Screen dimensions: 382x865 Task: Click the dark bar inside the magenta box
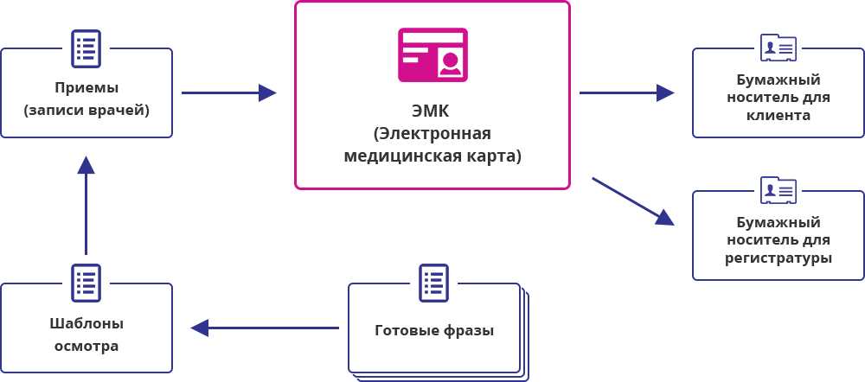pos(432,135)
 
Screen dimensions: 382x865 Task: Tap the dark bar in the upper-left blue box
pos(86,100)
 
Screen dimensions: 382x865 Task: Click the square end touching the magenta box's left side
pos(268,92)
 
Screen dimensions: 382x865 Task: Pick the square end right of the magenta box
pos(665,92)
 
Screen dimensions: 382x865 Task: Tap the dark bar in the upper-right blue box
pos(778,97)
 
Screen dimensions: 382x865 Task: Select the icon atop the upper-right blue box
pos(778,47)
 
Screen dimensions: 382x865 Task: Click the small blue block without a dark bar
pos(633,201)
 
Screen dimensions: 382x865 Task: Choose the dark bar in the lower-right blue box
pos(778,240)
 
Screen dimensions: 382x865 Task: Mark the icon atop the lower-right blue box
pos(778,189)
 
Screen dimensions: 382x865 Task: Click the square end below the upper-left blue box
pos(86,164)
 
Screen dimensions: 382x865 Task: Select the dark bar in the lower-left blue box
pos(86,335)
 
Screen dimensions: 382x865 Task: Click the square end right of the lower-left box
pos(199,328)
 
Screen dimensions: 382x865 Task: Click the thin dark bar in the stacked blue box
pos(434,331)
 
